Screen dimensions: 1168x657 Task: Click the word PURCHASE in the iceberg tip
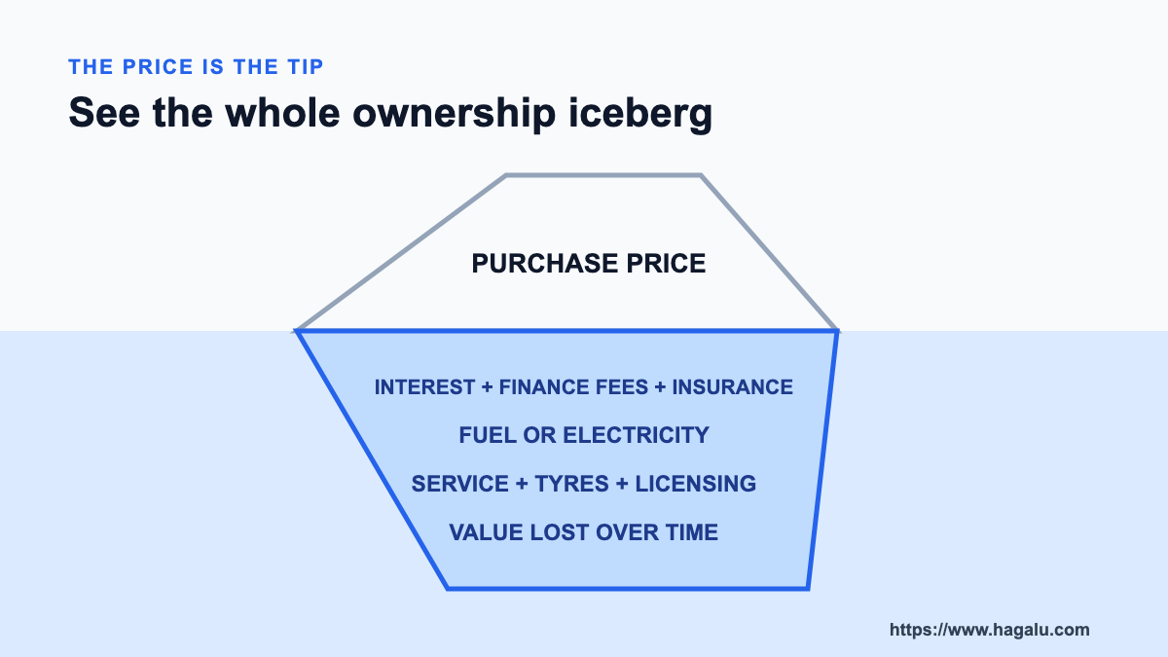(x=544, y=264)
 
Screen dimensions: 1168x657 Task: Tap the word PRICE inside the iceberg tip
(x=666, y=264)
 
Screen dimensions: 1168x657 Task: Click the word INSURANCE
(x=732, y=387)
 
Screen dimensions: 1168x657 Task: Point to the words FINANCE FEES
(x=573, y=387)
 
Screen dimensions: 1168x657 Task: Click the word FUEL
(x=487, y=435)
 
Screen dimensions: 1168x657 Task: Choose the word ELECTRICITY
(x=637, y=435)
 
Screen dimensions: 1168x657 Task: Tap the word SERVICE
(x=459, y=484)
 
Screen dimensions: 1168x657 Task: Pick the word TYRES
(x=571, y=484)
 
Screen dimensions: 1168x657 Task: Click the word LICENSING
(x=696, y=484)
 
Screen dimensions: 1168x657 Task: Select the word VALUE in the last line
(x=486, y=532)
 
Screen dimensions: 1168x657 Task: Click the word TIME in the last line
(x=692, y=532)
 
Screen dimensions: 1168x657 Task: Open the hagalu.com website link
(x=989, y=630)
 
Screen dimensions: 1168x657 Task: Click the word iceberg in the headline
(x=640, y=113)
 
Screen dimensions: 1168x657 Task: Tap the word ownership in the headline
(x=454, y=113)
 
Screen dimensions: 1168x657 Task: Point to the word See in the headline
(x=104, y=113)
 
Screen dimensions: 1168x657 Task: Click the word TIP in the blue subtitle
(x=305, y=67)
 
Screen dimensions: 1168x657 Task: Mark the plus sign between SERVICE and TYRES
(x=522, y=484)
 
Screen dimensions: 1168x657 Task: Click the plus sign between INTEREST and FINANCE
(x=487, y=387)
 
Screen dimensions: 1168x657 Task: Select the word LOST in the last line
(x=559, y=532)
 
